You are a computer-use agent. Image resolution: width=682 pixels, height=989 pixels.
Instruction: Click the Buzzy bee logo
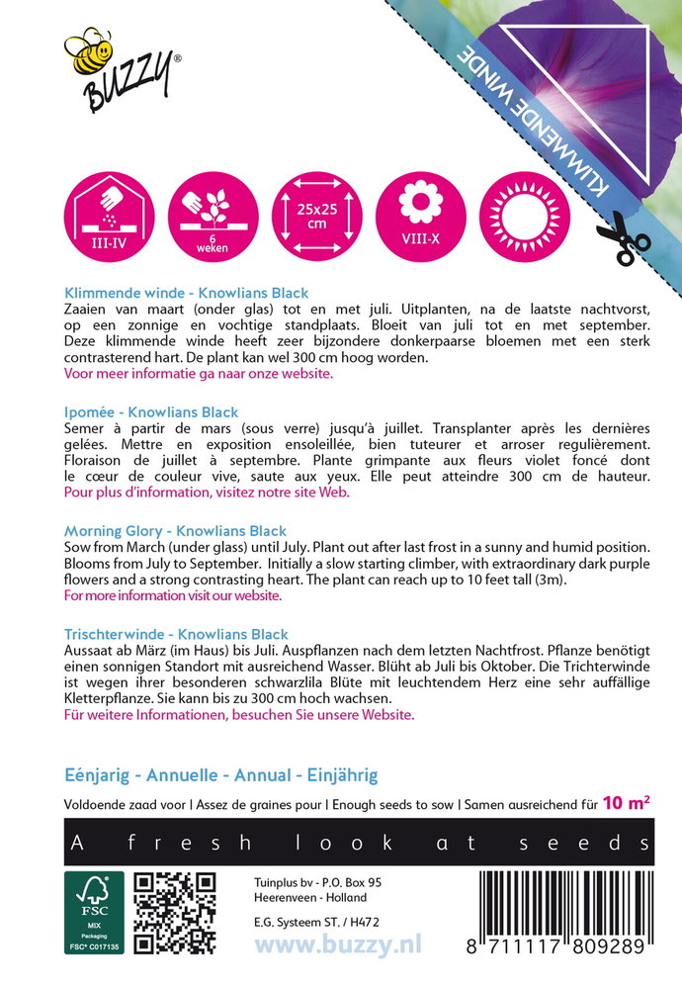(x=119, y=68)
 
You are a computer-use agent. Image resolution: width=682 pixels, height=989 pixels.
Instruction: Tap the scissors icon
(x=623, y=238)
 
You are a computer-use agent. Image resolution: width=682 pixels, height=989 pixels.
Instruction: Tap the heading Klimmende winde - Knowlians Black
(x=186, y=293)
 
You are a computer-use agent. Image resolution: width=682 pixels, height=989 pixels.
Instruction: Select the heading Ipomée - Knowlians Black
(x=151, y=411)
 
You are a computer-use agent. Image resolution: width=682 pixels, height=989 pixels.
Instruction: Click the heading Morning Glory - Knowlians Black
(x=175, y=531)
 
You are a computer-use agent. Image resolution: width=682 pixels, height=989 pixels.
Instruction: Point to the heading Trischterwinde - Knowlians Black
(x=176, y=634)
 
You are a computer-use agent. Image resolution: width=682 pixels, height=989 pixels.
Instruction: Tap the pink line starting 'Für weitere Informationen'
(x=239, y=714)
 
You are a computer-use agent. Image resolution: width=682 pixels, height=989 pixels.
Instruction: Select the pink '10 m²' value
(x=628, y=803)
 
